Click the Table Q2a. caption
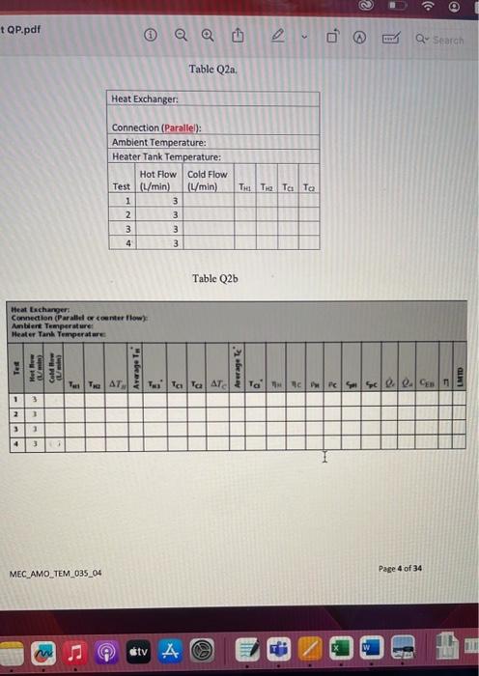coord(213,70)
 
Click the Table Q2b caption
coord(214,278)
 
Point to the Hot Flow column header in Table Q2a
coord(158,174)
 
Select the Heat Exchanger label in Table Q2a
coord(145,99)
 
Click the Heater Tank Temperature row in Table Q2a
coord(167,156)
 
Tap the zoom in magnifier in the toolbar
coord(207,40)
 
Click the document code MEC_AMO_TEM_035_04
coord(56,574)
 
